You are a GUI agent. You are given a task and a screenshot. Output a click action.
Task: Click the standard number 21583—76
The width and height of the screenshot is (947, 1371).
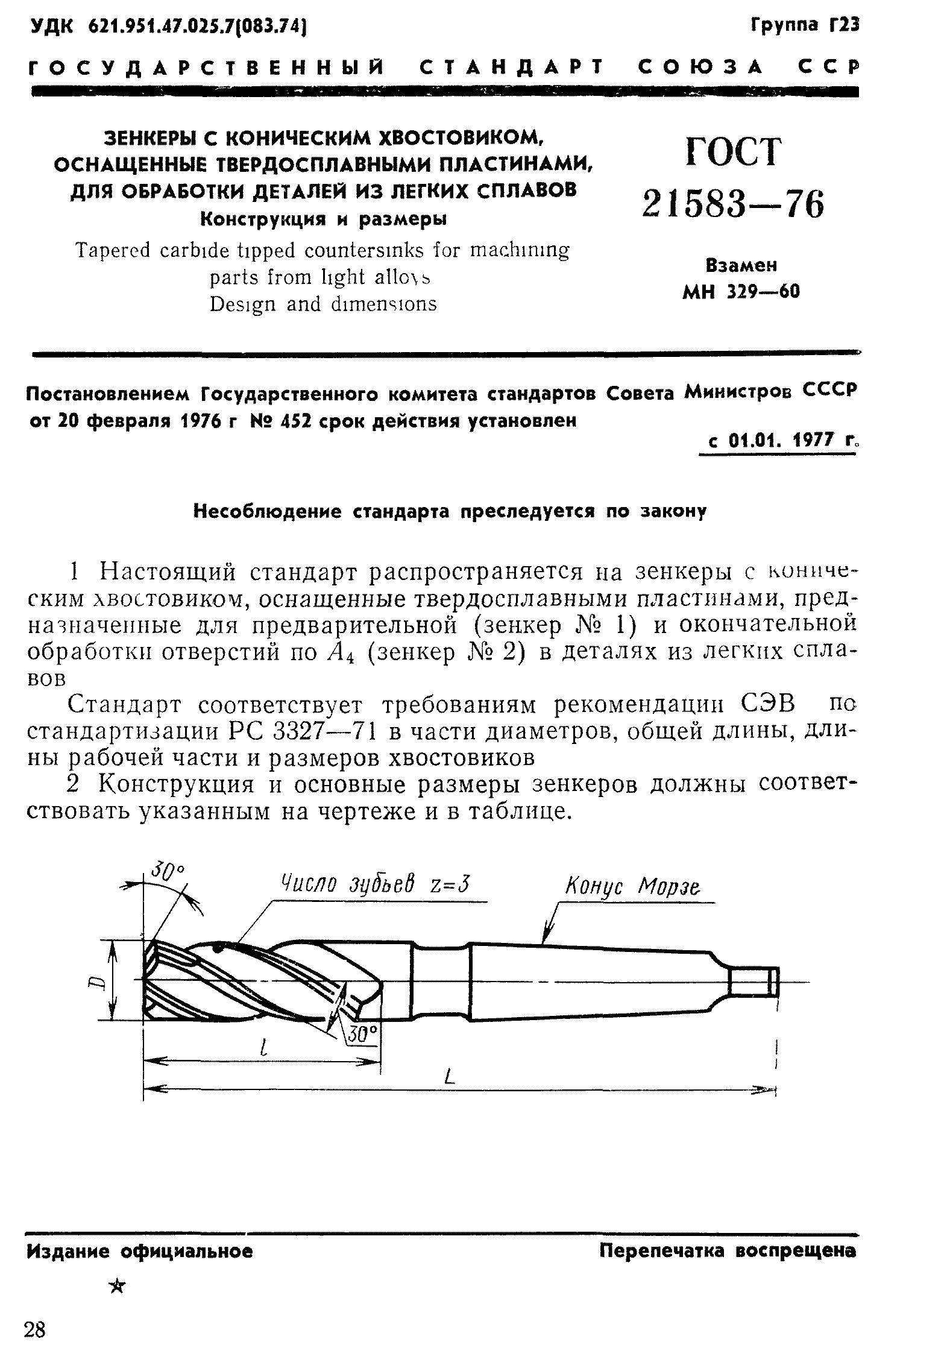[732, 204]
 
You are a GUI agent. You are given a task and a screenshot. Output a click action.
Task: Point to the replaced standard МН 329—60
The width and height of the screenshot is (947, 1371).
[741, 292]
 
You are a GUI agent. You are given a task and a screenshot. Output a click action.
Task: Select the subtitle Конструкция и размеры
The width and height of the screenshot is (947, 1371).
[323, 219]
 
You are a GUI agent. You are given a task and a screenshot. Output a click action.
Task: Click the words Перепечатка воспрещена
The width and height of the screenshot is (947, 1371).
[728, 1251]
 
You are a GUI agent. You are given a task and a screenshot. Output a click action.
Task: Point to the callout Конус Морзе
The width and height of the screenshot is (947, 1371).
[633, 887]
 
